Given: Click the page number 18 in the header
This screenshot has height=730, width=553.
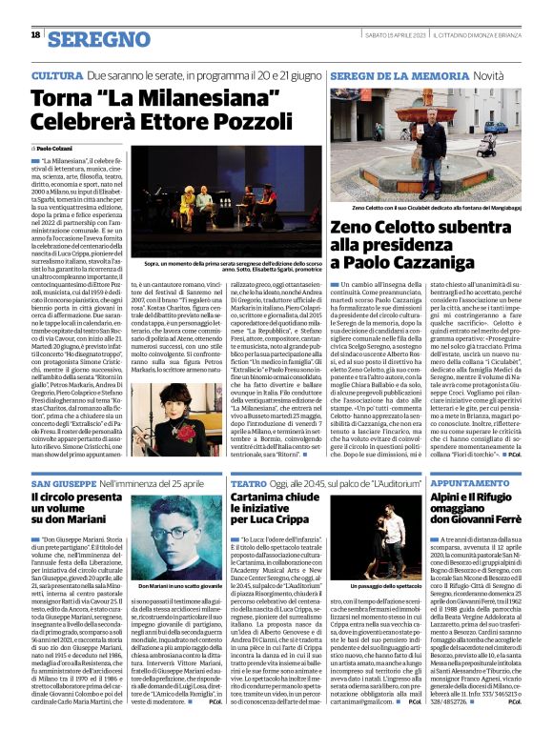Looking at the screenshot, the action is click(35, 35).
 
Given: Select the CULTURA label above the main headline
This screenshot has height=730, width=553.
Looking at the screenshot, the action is click(56, 74).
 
